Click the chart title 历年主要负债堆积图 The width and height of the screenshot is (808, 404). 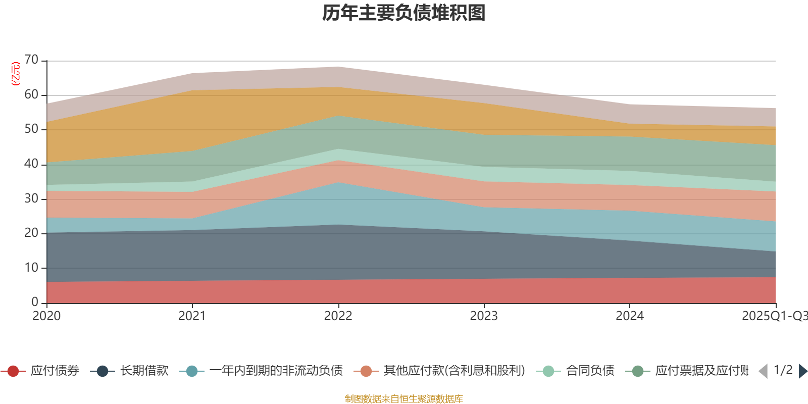coord(404,13)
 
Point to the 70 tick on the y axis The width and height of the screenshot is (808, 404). coord(31,60)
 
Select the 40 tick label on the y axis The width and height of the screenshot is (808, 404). coord(31,164)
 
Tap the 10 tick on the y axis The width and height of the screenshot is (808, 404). coord(31,268)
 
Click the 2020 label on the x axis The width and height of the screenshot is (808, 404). coord(46,316)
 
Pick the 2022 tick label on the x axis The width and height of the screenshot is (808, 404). coord(338,316)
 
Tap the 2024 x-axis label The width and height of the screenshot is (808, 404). coord(629,316)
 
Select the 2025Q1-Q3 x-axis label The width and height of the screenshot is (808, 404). coord(774,316)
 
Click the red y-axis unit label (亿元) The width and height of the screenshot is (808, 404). coord(16,74)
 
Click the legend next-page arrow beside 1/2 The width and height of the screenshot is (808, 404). coord(802,371)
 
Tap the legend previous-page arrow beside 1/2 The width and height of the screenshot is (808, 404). coord(763,371)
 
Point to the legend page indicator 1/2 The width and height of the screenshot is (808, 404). coord(783,370)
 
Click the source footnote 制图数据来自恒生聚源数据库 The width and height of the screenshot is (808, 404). coord(404,399)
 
